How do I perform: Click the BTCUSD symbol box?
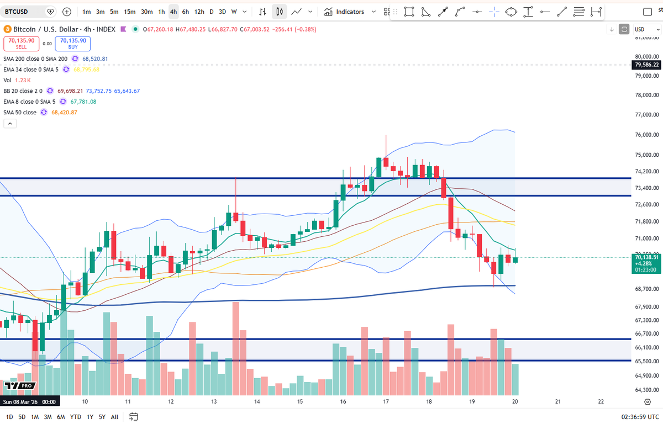coord(22,11)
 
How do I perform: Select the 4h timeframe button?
coord(173,12)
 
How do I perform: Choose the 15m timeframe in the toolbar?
coord(130,12)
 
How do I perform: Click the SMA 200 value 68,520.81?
coord(95,59)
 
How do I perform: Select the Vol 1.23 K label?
coord(16,80)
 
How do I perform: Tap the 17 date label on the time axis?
coord(386,402)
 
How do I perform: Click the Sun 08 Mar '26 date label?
coord(30,402)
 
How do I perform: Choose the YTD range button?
coord(76,416)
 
